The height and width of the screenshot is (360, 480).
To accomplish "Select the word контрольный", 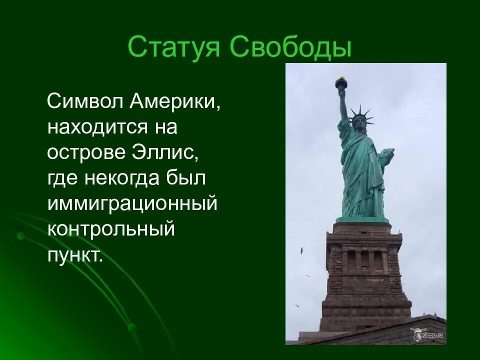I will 111,229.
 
